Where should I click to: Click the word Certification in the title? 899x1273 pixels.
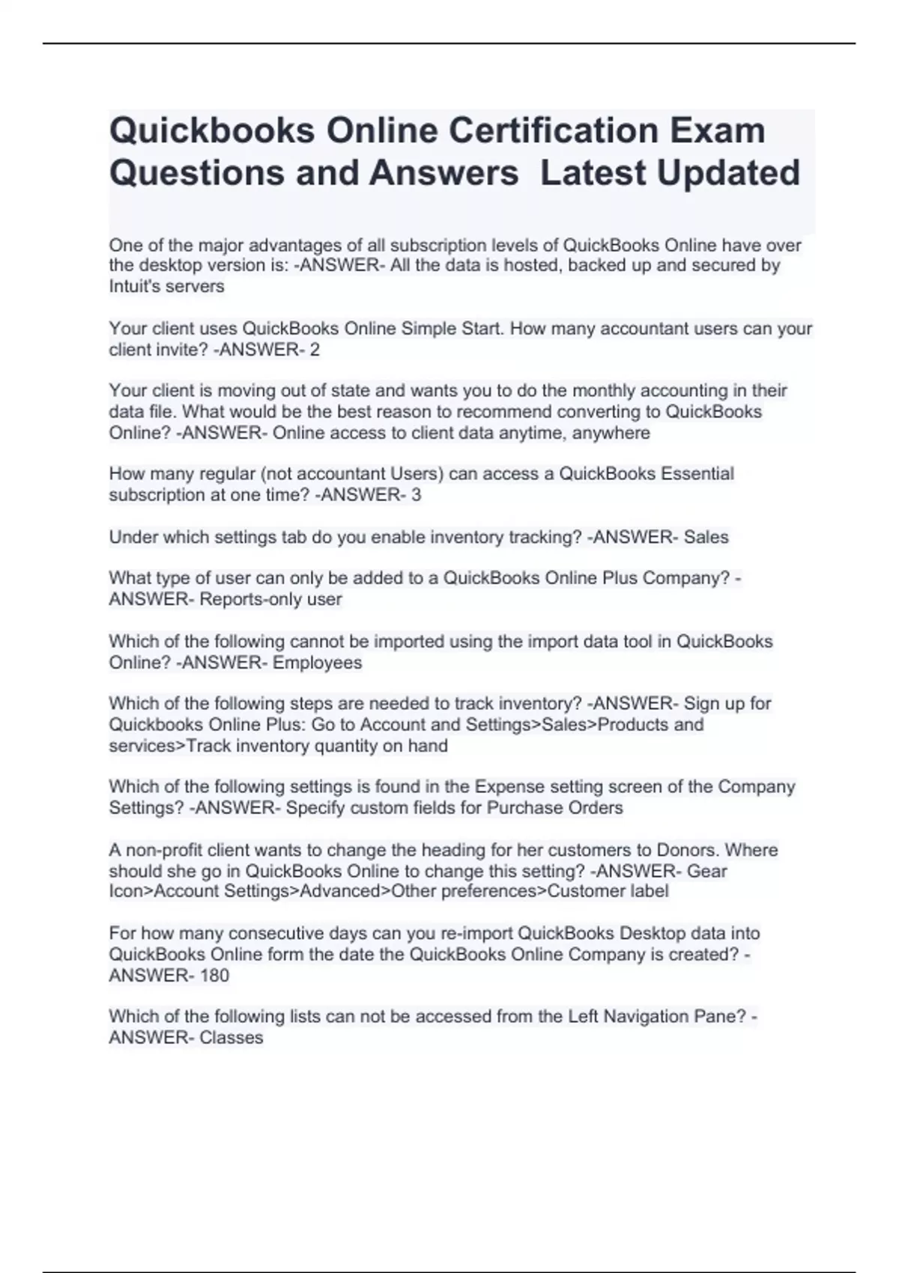(551, 130)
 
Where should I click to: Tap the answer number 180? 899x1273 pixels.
(214, 975)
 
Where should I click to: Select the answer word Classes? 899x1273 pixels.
(231, 1037)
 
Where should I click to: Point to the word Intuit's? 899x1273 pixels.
(134, 286)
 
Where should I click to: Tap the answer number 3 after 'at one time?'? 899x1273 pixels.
(417, 494)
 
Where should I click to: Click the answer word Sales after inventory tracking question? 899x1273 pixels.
(706, 537)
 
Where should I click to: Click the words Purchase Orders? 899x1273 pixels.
(555, 807)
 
